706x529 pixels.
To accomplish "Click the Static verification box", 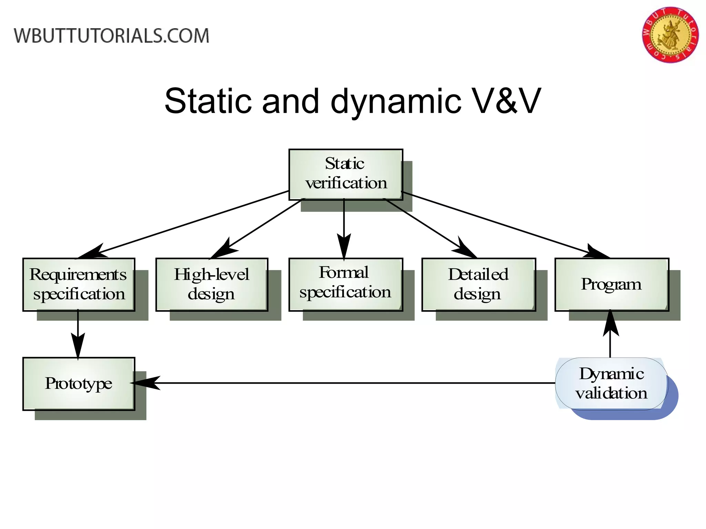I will (346, 174).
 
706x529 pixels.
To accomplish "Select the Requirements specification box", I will (79, 284).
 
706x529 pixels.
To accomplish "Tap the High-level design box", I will (212, 284).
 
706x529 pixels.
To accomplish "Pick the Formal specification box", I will (346, 284).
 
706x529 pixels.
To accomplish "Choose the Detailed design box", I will (478, 284).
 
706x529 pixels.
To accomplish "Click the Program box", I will (612, 284).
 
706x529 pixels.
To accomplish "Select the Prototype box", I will (79, 384).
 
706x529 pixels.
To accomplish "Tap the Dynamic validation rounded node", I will (612, 384).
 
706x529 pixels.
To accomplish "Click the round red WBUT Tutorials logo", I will (670, 35).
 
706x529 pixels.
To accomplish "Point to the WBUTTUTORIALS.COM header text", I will (111, 36).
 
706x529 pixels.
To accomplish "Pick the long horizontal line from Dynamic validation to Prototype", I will (355, 383).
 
